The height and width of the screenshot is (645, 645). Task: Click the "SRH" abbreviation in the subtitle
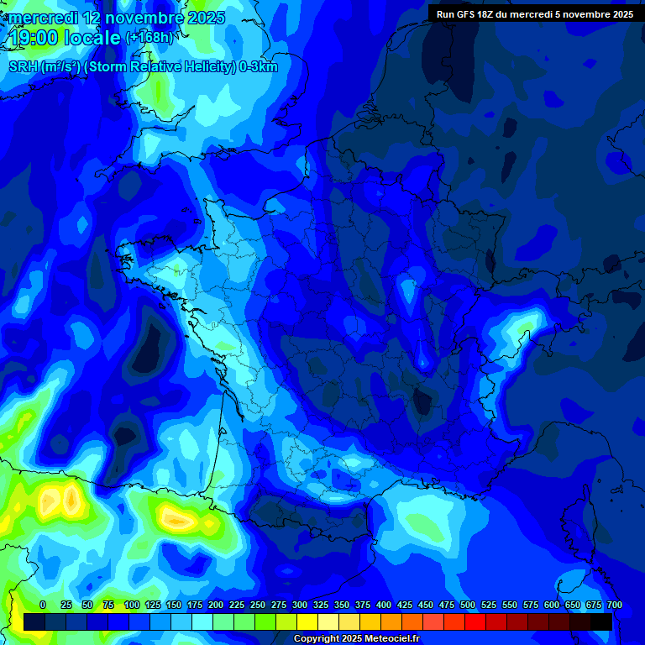tap(24, 67)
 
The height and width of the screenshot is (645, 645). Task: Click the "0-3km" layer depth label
tap(259, 67)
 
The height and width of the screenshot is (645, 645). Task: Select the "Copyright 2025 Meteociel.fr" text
tap(356, 639)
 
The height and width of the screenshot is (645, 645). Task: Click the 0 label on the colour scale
tap(43, 605)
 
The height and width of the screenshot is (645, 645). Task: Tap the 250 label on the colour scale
tap(258, 605)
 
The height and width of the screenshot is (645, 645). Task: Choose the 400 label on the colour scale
tap(384, 605)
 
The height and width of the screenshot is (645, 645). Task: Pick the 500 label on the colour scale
tap(468, 605)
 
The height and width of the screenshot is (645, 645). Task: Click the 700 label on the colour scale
tap(615, 605)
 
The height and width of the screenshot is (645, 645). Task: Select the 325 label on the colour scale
tap(321, 605)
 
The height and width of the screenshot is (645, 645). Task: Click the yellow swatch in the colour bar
tap(307, 621)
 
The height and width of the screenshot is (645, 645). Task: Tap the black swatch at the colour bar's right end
tap(601, 621)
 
